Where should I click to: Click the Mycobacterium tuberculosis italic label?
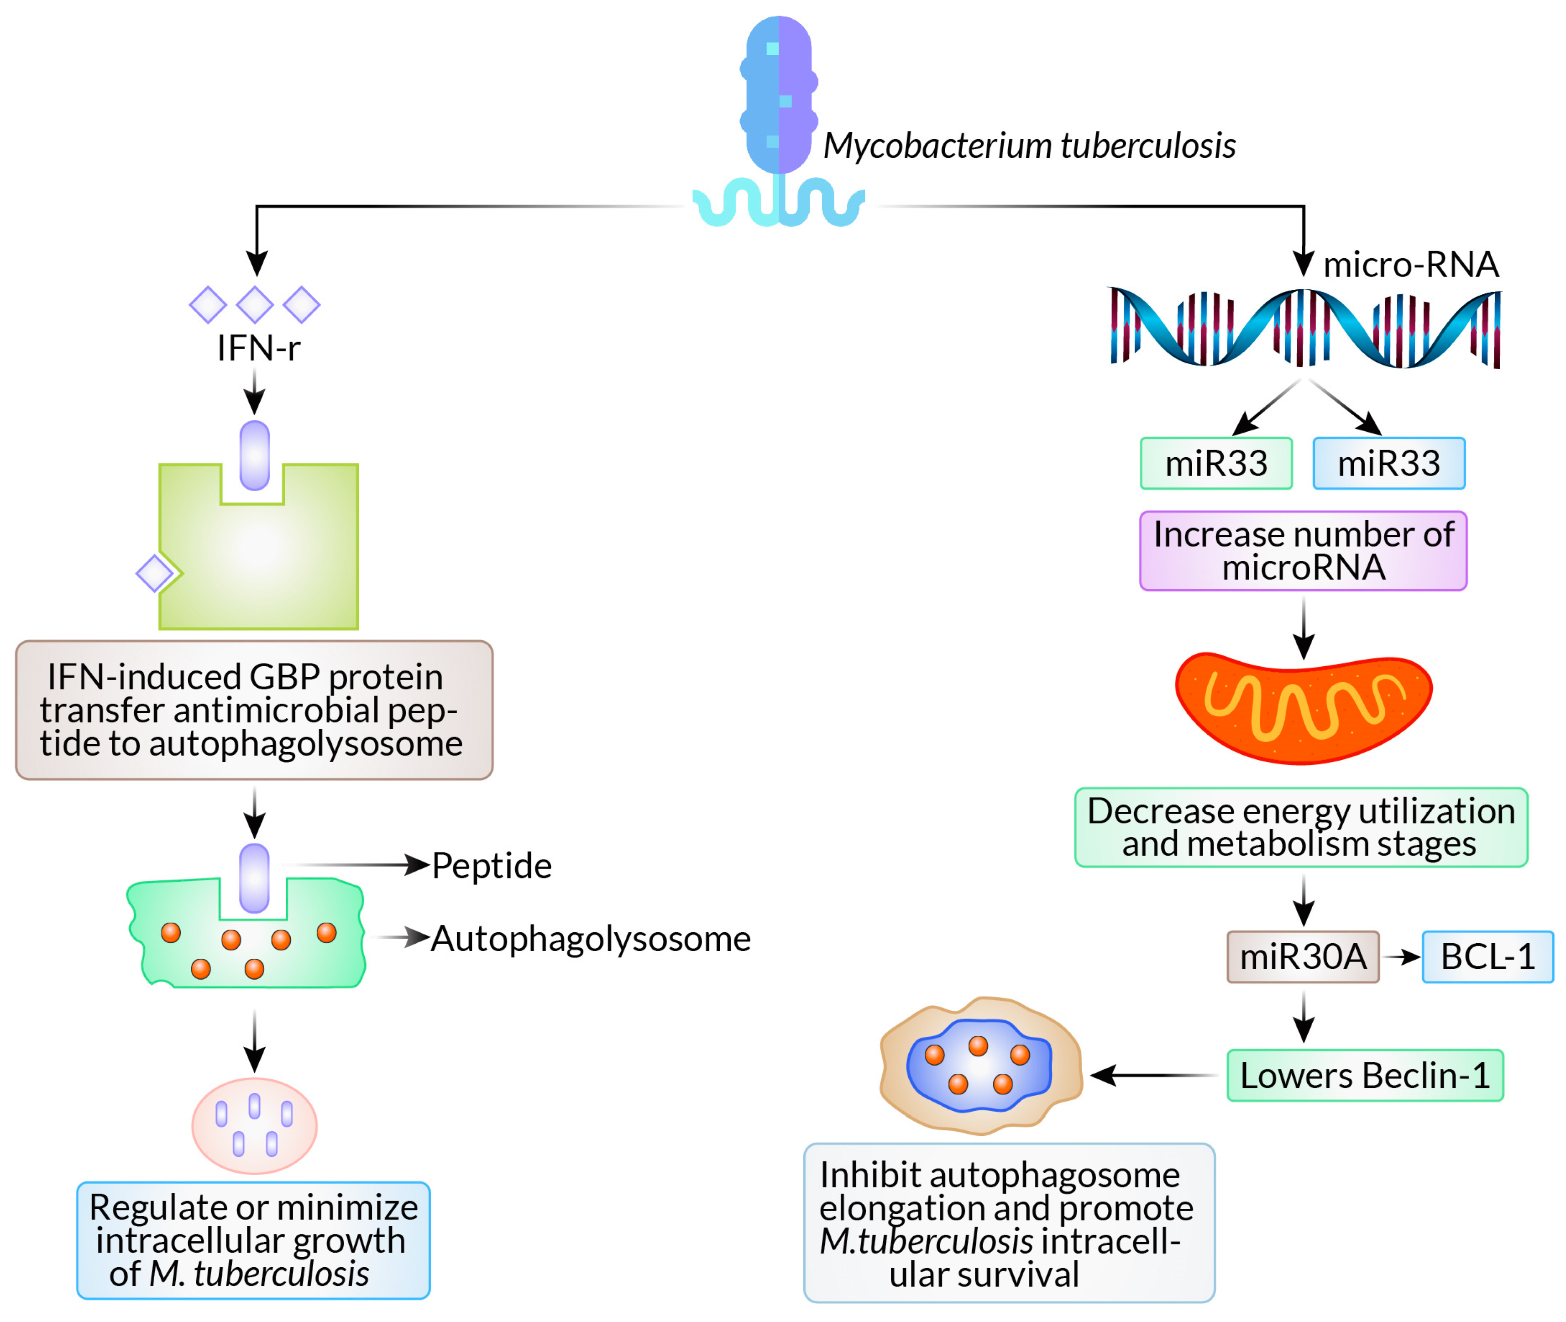[x=1028, y=146]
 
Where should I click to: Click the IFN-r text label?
[x=258, y=348]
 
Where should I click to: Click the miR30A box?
[x=1302, y=956]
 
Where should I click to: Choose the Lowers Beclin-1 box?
[x=1364, y=1075]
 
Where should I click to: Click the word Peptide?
[x=492, y=866]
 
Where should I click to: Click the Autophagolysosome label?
[x=590, y=938]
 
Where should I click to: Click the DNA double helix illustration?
[x=1304, y=328]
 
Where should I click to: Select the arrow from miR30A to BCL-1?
[x=1400, y=956]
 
